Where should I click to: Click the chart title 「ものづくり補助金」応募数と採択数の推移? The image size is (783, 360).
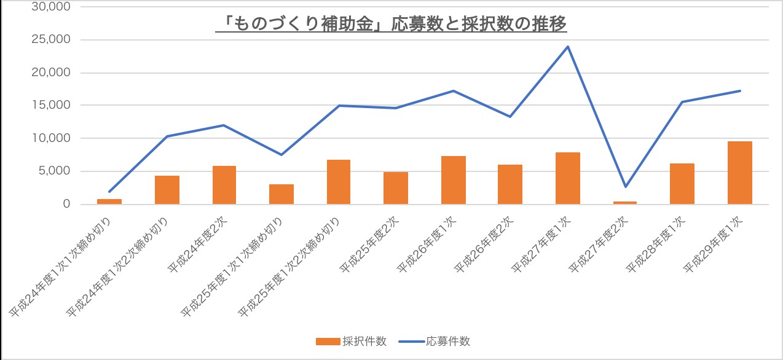click(391, 23)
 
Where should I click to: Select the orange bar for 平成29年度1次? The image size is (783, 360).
click(739, 173)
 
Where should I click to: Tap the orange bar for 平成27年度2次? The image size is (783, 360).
click(625, 202)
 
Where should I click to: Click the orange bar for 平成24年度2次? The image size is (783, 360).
click(224, 185)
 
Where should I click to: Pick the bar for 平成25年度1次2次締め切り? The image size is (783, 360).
click(339, 182)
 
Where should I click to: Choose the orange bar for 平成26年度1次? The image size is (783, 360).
click(453, 180)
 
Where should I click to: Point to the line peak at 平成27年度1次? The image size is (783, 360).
click(568, 47)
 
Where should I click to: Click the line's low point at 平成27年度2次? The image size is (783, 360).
click(625, 186)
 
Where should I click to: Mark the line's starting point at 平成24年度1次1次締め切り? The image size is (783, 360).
click(109, 192)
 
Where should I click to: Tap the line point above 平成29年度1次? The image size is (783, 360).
click(739, 91)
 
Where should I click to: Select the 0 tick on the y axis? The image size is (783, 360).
click(67, 204)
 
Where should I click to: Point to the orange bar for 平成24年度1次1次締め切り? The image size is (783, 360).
click(109, 202)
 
